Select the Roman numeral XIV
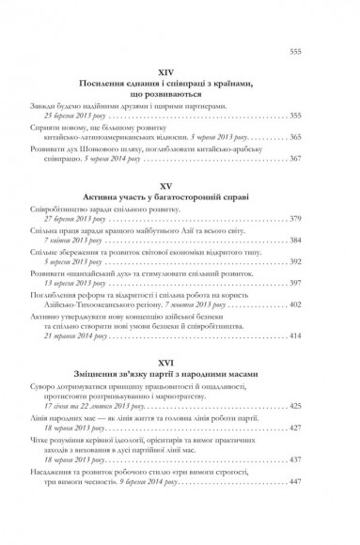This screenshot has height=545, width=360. (180, 70)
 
